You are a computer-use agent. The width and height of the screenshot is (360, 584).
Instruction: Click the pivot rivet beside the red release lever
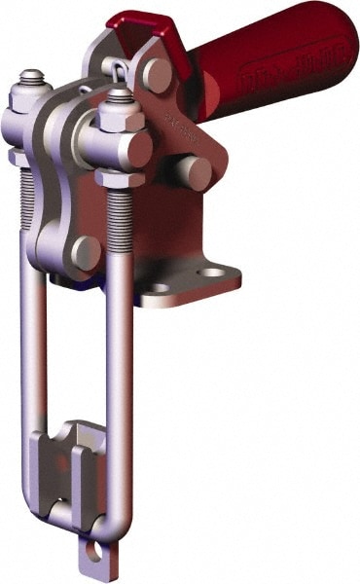(156, 74)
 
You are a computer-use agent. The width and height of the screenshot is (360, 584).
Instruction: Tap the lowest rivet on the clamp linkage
(87, 252)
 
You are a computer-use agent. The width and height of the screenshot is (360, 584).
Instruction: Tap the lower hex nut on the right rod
(120, 178)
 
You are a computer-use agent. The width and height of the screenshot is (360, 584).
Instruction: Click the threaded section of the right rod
(120, 219)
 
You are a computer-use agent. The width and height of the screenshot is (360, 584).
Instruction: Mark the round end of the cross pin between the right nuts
(135, 148)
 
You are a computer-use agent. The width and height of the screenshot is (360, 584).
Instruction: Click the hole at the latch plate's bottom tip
(95, 551)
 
